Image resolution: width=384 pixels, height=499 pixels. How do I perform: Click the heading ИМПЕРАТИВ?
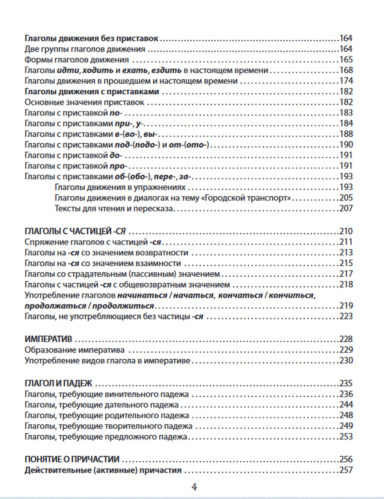point(48,339)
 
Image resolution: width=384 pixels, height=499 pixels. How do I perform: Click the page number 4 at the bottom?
point(194,487)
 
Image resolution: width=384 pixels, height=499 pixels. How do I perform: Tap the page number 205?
point(346,198)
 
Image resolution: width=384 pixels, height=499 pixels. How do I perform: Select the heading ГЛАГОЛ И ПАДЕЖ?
point(58,383)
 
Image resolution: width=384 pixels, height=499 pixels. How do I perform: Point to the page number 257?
point(346,470)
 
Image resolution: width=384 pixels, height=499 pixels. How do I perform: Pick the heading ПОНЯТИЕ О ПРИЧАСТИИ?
point(72,459)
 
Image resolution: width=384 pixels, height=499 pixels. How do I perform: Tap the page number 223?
point(346,317)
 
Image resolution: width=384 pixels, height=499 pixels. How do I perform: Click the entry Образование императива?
point(74,350)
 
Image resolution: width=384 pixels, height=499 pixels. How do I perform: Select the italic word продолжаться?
point(55,306)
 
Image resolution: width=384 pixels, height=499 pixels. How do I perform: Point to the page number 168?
point(346,70)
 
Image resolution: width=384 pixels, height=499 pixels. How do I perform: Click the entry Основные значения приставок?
point(84,102)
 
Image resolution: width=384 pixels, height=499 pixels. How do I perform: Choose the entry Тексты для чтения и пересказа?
point(114,209)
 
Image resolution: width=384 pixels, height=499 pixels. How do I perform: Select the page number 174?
point(346,81)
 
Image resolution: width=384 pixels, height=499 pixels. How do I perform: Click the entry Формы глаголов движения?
point(77,59)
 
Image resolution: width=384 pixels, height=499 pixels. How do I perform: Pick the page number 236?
point(346,394)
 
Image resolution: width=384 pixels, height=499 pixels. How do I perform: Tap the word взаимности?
point(158,263)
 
